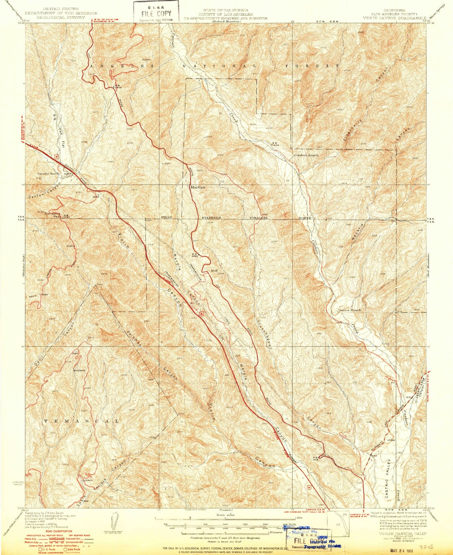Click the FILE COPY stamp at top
[x=156, y=13]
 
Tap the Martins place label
[x=198, y=187]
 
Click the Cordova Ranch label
[x=306, y=155]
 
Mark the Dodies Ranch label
[x=349, y=310]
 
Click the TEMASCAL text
[x=82, y=421]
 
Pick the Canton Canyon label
[x=45, y=191]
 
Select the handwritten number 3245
[x=428, y=547]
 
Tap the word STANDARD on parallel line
[x=211, y=218]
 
